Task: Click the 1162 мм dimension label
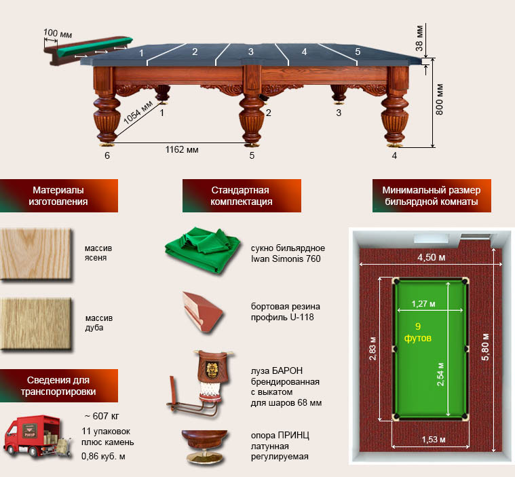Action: point(182,150)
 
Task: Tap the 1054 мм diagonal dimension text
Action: point(138,113)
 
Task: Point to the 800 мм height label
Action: point(440,99)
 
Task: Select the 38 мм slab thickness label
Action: point(419,38)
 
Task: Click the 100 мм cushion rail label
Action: point(58,33)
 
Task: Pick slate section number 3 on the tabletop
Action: point(250,52)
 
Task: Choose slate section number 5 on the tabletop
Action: point(358,52)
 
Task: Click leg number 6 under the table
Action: point(107,155)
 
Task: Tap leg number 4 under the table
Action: point(394,155)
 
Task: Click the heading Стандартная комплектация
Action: point(242,196)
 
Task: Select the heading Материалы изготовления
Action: point(58,196)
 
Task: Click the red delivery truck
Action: point(32,436)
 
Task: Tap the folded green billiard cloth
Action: point(202,250)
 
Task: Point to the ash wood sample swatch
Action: point(36,254)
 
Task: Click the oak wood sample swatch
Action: point(36,324)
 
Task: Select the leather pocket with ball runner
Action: point(202,383)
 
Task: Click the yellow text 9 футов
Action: point(418,332)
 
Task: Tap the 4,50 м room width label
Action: point(432,257)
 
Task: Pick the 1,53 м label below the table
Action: point(434,439)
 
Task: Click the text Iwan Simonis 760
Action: point(286,259)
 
